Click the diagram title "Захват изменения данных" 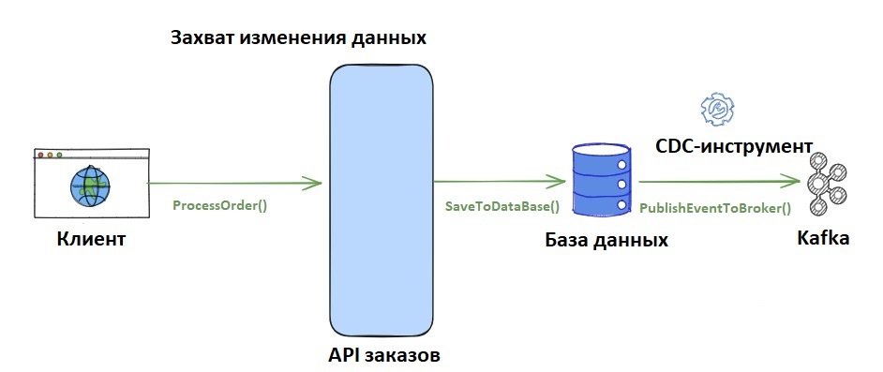coord(298,39)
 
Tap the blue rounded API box coord(382,201)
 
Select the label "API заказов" coord(383,357)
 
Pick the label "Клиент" coord(90,240)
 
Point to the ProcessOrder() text coord(219,205)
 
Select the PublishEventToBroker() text coord(715,208)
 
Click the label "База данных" coord(606,240)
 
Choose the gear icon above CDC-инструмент coord(718,111)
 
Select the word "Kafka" coord(823,238)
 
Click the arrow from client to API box coord(234,183)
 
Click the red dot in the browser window coord(40,155)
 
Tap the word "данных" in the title coord(391,39)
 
